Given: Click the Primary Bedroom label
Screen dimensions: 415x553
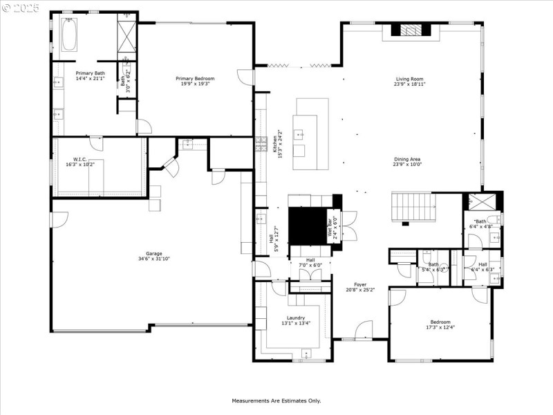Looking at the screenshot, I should click(x=195, y=78).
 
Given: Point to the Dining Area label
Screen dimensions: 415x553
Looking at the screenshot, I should click(x=407, y=159).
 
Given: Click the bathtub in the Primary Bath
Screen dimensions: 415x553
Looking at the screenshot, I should click(x=69, y=34).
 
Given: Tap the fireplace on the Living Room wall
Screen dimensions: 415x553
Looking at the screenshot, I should click(x=411, y=29).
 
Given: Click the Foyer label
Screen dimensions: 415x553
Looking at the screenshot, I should click(x=360, y=284).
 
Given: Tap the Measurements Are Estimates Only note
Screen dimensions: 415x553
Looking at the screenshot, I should click(x=276, y=400).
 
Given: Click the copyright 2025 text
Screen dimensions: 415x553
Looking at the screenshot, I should click(x=21, y=8).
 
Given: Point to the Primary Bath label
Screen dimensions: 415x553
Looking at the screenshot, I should click(x=90, y=73).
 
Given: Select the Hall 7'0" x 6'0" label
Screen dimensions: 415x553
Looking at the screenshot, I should click(x=306, y=263).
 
